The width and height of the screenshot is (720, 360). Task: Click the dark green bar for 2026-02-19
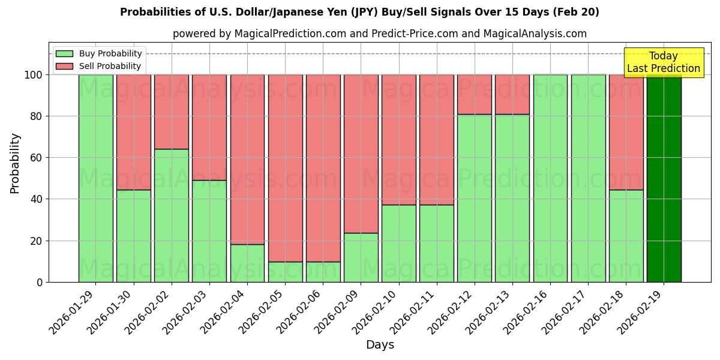click(x=664, y=178)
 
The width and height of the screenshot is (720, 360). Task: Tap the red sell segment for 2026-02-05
click(x=285, y=168)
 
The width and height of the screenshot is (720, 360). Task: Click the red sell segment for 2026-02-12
click(x=475, y=94)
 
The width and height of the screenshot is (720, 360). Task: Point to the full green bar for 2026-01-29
click(x=96, y=178)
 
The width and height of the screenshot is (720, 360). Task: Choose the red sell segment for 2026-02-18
click(x=626, y=132)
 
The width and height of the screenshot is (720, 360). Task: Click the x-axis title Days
click(x=380, y=345)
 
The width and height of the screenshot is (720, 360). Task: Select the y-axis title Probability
click(x=15, y=163)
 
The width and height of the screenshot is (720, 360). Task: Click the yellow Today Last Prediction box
click(x=663, y=62)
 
